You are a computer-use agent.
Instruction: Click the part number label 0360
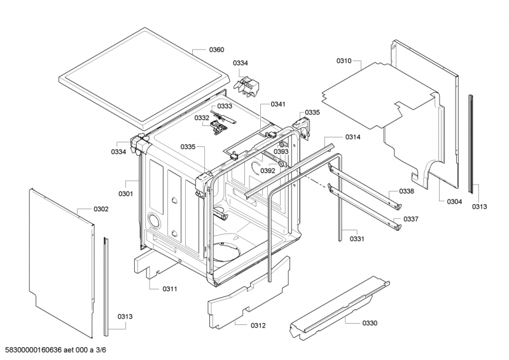click(216, 50)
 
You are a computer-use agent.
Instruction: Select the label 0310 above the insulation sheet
click(344, 60)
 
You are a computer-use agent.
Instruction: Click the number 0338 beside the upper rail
click(407, 191)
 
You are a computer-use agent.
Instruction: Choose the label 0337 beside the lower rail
click(412, 219)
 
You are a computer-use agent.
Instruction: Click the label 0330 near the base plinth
click(370, 323)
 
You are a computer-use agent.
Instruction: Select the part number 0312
click(258, 325)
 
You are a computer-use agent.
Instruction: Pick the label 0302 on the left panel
click(101, 209)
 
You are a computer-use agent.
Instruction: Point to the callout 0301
click(125, 193)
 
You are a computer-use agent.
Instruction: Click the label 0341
click(278, 104)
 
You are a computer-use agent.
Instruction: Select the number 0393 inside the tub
click(282, 151)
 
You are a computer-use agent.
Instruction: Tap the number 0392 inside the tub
click(267, 170)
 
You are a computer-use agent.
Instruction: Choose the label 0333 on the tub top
click(225, 106)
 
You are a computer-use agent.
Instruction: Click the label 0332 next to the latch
click(202, 118)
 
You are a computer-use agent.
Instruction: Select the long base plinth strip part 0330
click(337, 305)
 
